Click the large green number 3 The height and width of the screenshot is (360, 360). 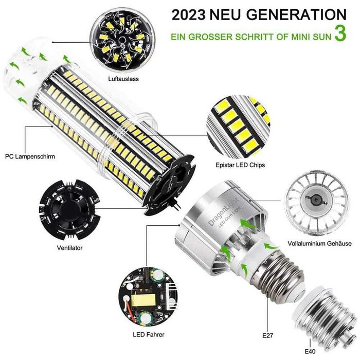tap(340, 33)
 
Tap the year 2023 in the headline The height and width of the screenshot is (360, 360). tap(189, 15)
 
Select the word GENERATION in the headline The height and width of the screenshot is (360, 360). tap(296, 15)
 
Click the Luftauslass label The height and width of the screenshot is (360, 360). tap(123, 79)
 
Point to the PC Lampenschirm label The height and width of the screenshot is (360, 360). tap(30, 156)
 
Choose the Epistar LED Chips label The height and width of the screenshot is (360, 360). tap(240, 165)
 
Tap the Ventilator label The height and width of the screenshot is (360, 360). tap(69, 248)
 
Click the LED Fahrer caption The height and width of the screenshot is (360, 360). tap(149, 334)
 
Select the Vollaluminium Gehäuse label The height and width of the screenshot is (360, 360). tap(319, 243)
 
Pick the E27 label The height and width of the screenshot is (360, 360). tap(268, 335)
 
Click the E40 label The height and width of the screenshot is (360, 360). tap(310, 351)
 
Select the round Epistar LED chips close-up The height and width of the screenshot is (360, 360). tap(239, 127)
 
